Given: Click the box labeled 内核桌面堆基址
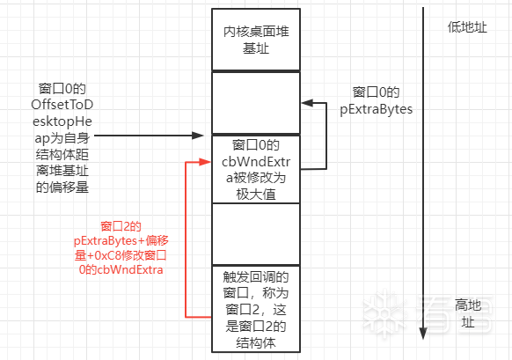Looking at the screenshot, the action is point(256,40).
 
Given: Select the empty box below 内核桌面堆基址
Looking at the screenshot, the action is point(256,103).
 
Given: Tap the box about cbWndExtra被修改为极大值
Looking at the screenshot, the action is point(256,169).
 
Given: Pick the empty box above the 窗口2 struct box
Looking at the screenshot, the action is point(256,234).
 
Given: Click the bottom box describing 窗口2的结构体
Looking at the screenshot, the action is point(256,309).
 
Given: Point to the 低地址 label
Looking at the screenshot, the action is point(467,27).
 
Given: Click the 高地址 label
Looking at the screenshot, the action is point(468,313).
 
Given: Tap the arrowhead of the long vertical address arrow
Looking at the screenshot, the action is point(423,334).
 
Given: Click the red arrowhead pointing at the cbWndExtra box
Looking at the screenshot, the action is point(205,161).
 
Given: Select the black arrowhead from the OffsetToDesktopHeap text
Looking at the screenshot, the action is point(198,136).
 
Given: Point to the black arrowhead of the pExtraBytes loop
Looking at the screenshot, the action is point(307,103).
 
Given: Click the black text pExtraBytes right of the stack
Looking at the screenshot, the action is point(377,109).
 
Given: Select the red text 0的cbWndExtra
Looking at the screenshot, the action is point(121,269).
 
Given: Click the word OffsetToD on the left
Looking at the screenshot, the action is point(62,105).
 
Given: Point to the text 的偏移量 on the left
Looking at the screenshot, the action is point(62,187).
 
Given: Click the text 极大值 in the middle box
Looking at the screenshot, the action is point(256,195).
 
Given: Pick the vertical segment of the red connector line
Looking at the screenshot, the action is point(186,239).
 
